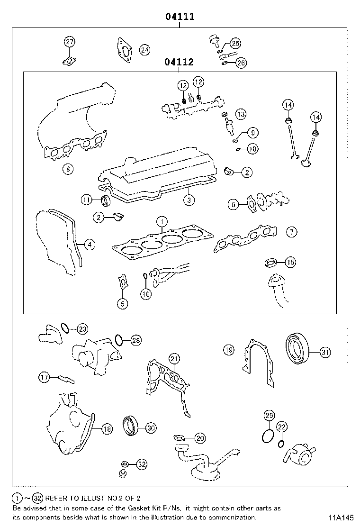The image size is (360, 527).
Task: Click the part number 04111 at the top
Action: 180,17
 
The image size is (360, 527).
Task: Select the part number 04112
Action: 179,62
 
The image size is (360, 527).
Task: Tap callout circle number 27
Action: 70,42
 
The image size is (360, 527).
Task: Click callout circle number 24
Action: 144,50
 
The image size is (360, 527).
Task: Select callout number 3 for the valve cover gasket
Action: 189,200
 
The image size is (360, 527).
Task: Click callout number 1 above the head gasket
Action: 161,221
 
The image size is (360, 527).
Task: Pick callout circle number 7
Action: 291,232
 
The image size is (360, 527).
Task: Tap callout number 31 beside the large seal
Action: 324,352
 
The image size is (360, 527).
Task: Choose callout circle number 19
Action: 229,350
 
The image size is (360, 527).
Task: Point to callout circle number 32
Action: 142,464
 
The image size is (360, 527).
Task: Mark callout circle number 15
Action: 290,262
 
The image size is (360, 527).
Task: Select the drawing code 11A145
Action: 339,518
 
